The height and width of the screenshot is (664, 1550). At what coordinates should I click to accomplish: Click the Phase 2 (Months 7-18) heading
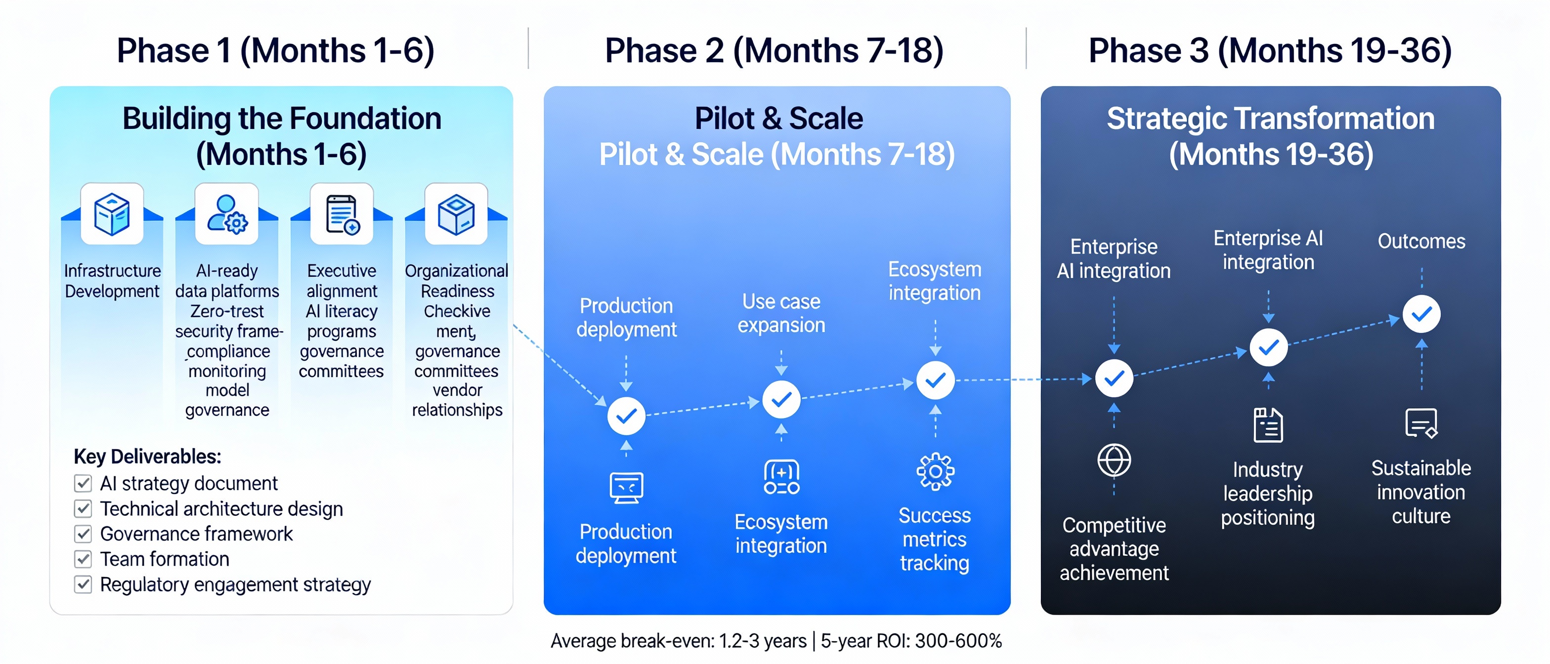(x=774, y=50)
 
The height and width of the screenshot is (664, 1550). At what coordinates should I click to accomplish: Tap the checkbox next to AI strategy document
(x=83, y=483)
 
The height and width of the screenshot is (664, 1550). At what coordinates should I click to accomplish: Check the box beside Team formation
(x=83, y=559)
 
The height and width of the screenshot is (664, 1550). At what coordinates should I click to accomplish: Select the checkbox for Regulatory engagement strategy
(x=83, y=584)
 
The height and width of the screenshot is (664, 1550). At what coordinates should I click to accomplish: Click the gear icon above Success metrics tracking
(x=935, y=471)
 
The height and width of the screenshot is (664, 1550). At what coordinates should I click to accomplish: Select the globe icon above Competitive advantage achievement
(x=1114, y=461)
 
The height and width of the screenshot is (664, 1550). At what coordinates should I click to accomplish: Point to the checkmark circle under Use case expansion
(x=781, y=399)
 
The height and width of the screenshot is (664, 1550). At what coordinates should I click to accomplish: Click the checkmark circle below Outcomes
(x=1421, y=314)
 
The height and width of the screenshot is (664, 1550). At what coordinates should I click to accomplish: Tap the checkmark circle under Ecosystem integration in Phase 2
(x=935, y=380)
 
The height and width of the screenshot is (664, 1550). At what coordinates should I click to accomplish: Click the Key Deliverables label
(x=147, y=456)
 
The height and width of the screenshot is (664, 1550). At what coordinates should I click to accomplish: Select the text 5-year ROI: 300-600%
(x=911, y=641)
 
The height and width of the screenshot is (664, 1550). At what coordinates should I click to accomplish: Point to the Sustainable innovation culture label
(x=1421, y=492)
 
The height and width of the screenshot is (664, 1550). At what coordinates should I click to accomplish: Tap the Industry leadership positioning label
(x=1268, y=493)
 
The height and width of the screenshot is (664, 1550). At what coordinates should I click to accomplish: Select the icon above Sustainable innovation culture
(x=1421, y=423)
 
